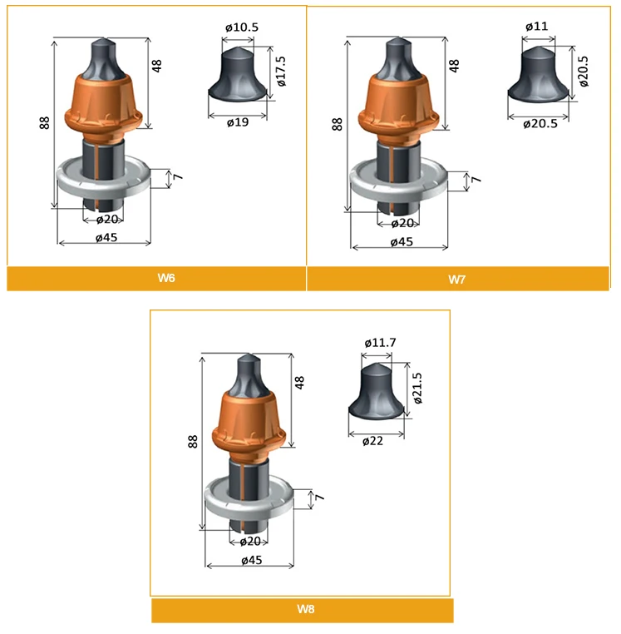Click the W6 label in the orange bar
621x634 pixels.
tap(166, 278)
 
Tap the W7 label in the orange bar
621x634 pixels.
tap(456, 280)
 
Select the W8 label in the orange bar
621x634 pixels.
tap(305, 609)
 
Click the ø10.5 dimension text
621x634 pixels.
tap(242, 27)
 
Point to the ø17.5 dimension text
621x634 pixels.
tap(281, 72)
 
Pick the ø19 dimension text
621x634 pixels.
tap(238, 122)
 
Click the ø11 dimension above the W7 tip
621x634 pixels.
tap(536, 27)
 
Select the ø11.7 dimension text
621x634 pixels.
tap(380, 343)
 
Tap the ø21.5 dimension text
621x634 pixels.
tap(417, 389)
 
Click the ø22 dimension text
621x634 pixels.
tap(372, 441)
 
